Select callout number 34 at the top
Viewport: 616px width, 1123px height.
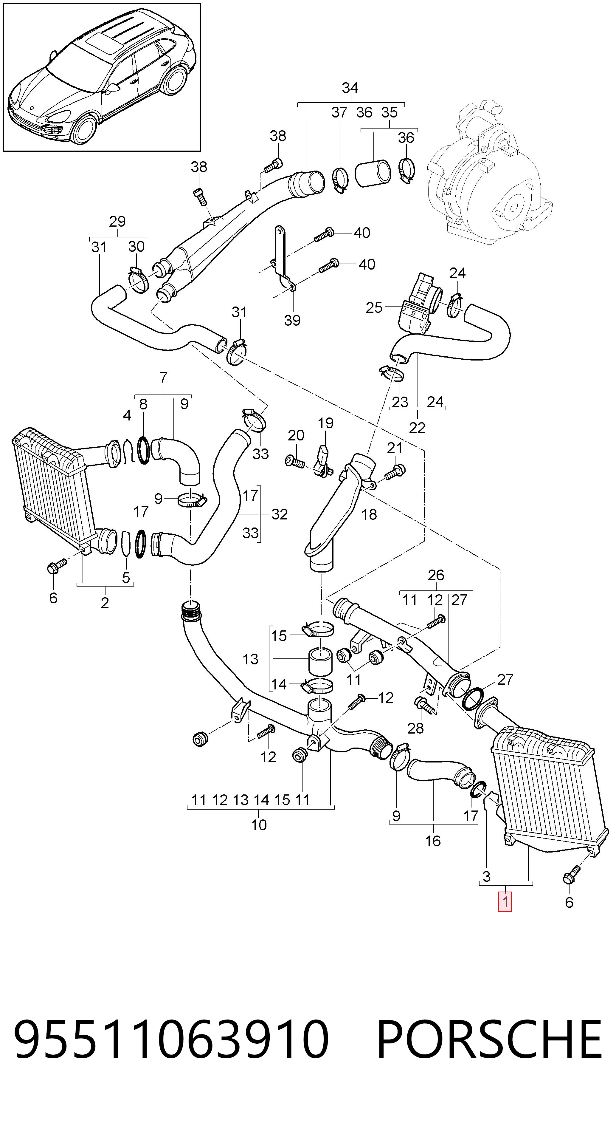coord(350,88)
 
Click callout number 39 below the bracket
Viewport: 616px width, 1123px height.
coord(292,321)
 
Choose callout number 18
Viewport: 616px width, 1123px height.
coord(369,514)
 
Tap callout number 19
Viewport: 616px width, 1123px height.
coord(325,423)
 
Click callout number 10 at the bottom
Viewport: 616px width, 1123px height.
coord(259,825)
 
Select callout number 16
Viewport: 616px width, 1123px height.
coord(433,841)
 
